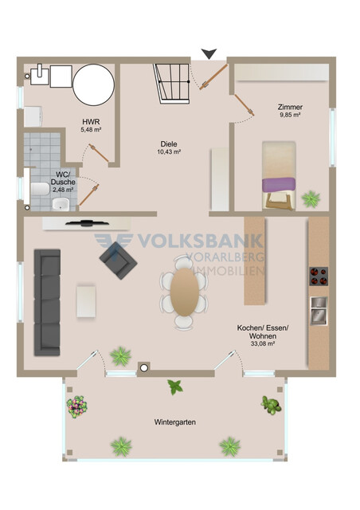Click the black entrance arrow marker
[209, 53]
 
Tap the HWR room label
[91, 122]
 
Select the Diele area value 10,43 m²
[169, 151]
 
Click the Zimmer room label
[290, 107]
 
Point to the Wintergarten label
[175, 422]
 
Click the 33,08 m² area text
[263, 343]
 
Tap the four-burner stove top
[319, 277]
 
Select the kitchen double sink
[319, 311]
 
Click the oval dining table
[185, 292]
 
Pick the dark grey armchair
[119, 261]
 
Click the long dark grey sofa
[47, 303]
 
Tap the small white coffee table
[86, 301]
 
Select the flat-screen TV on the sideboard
[87, 223]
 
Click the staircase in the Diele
[172, 84]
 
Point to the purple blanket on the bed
[279, 185]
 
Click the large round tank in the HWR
[94, 84]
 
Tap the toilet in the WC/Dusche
[40, 189]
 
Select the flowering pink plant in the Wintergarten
[77, 406]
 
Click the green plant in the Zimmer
[311, 199]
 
